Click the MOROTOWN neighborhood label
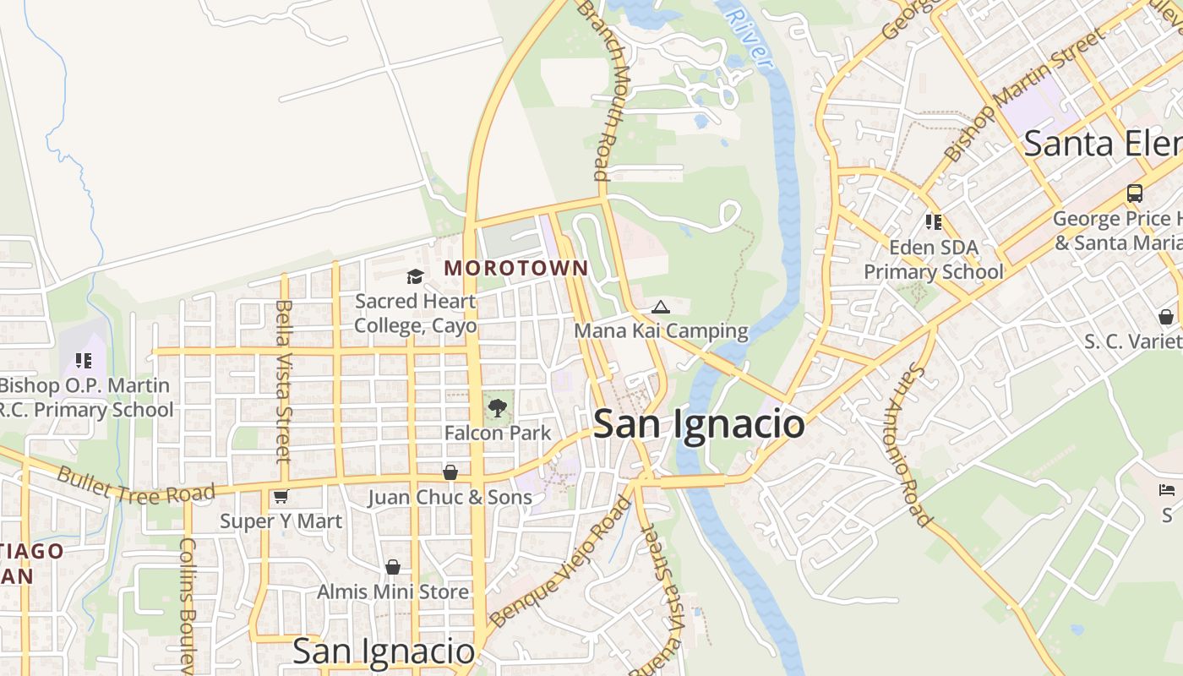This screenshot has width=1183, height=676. pyautogui.click(x=516, y=269)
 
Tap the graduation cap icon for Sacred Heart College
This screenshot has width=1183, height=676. pyautogui.click(x=415, y=276)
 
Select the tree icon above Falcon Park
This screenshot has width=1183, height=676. pyautogui.click(x=498, y=408)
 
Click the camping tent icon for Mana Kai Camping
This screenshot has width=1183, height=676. pyautogui.click(x=661, y=307)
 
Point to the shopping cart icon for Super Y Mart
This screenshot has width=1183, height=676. pyautogui.click(x=281, y=497)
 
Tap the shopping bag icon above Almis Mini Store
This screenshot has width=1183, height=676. pyautogui.click(x=392, y=567)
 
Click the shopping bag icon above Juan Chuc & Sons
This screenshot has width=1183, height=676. pyautogui.click(x=450, y=472)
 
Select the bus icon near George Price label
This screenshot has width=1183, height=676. pyautogui.click(x=1135, y=194)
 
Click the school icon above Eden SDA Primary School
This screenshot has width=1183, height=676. pyautogui.click(x=934, y=222)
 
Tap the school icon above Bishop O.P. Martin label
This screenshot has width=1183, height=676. pyautogui.click(x=84, y=361)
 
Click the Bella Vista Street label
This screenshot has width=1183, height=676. pyautogui.click(x=282, y=380)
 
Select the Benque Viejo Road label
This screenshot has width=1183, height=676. pyautogui.click(x=560, y=561)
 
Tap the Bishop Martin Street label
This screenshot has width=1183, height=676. pyautogui.click(x=1024, y=93)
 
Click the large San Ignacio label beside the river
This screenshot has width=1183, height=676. pyautogui.click(x=699, y=423)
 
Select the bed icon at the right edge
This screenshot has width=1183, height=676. pyautogui.click(x=1166, y=490)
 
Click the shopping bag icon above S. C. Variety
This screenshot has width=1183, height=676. pyautogui.click(x=1166, y=317)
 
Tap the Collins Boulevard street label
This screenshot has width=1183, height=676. pyautogui.click(x=188, y=604)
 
